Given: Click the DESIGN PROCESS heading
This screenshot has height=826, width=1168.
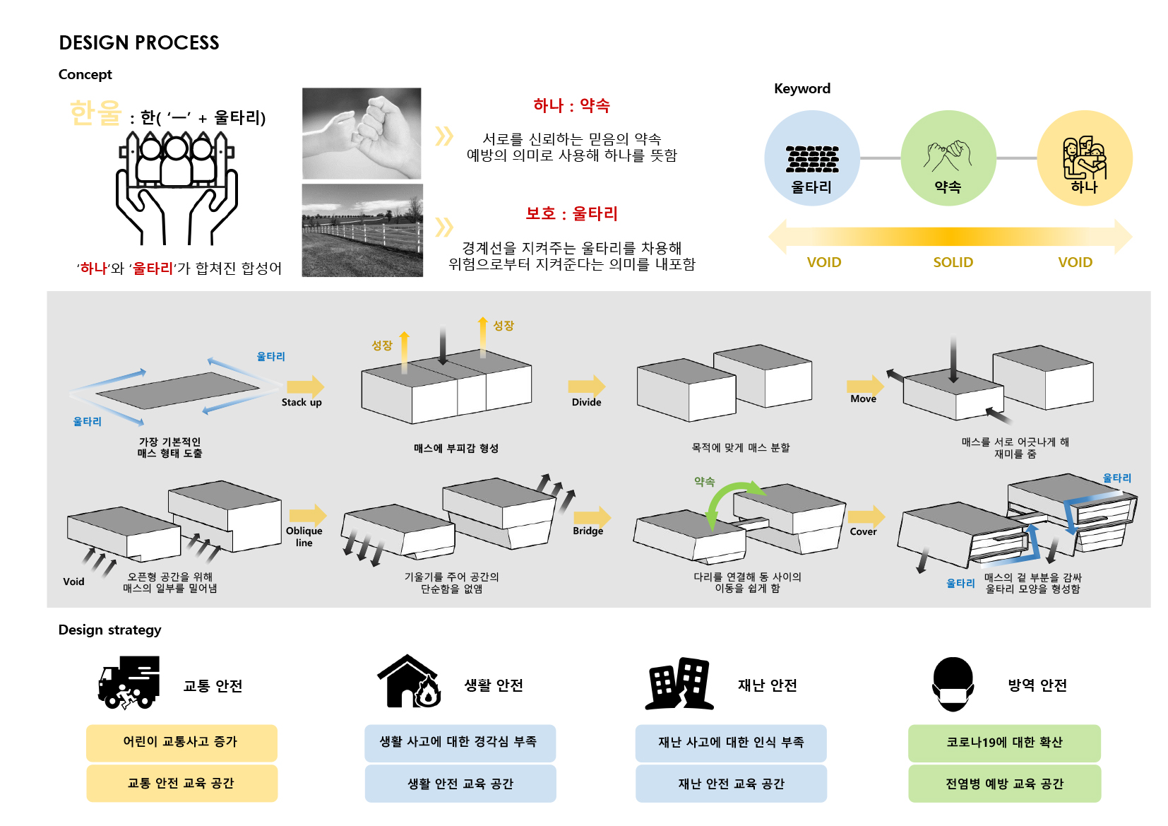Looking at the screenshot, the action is click(138, 43).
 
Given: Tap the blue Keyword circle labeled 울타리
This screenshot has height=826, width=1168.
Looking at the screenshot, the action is click(812, 158).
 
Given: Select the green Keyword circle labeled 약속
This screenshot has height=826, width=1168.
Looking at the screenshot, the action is click(948, 158).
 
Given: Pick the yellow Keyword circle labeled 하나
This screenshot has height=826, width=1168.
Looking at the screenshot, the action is click(1085, 158).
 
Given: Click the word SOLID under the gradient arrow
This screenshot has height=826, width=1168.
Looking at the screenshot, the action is click(953, 262).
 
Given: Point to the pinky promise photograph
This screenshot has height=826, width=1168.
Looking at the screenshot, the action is click(362, 134).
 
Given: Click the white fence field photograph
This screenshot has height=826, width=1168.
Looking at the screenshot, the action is click(362, 230).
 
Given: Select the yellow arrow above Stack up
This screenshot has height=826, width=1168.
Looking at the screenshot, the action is click(305, 387).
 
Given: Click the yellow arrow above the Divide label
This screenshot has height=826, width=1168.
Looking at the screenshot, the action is click(587, 387).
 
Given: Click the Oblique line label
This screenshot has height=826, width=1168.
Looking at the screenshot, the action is click(304, 536).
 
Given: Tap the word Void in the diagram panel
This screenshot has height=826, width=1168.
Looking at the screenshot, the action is click(73, 582).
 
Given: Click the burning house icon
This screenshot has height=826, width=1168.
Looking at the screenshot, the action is click(410, 681).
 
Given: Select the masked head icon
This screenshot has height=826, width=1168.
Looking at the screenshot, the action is click(953, 684).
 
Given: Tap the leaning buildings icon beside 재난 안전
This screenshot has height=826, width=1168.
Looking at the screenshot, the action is click(679, 683).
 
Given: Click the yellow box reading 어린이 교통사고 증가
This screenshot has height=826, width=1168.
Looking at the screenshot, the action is click(181, 743).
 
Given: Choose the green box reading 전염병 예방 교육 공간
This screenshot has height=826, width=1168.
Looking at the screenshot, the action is click(1004, 783).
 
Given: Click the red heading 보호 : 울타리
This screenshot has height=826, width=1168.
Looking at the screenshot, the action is click(571, 213).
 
